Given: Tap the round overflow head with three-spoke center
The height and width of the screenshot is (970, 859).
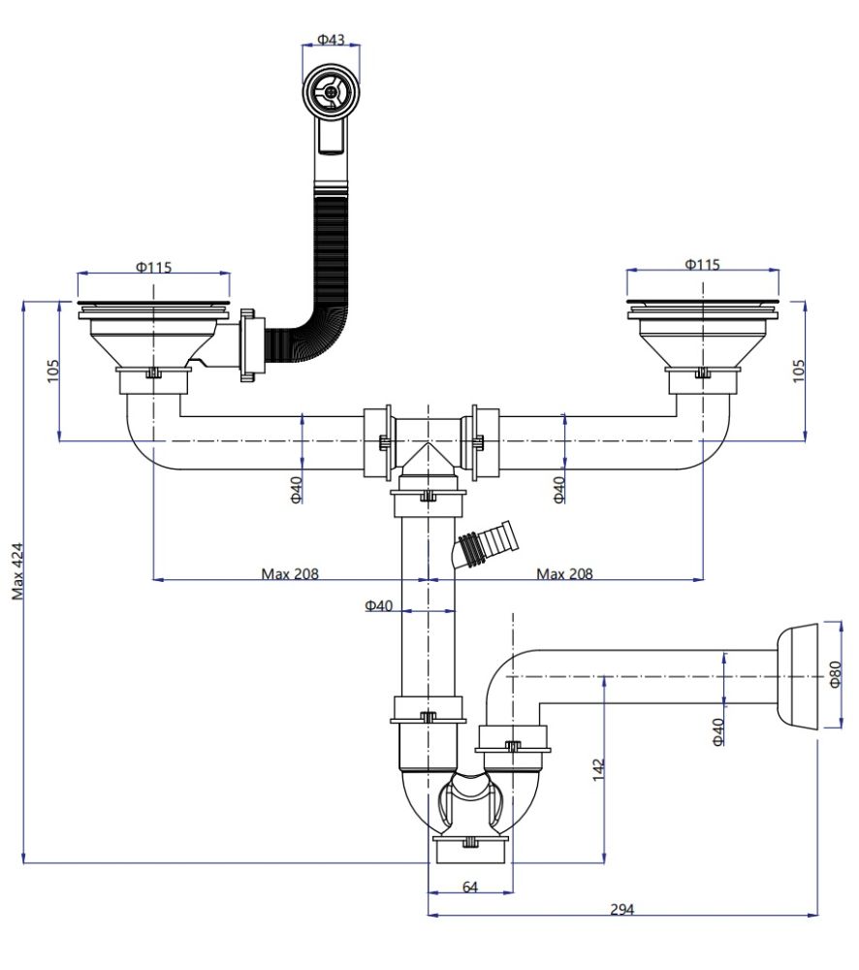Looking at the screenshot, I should pyautogui.click(x=332, y=92).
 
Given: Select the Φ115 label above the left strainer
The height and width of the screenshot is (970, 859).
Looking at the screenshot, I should pyautogui.click(x=154, y=267).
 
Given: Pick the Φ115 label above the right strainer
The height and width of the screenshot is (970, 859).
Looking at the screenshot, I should pyautogui.click(x=702, y=265).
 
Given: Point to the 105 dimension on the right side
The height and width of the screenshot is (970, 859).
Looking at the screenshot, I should pyautogui.click(x=798, y=370).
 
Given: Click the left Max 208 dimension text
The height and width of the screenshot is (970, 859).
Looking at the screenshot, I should pyautogui.click(x=289, y=573).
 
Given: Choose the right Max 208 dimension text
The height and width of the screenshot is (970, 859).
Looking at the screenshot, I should pyautogui.click(x=564, y=573).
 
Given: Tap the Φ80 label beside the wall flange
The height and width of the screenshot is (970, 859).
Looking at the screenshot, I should pyautogui.click(x=836, y=674).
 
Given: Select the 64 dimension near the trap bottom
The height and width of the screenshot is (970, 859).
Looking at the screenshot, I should pyautogui.click(x=470, y=887).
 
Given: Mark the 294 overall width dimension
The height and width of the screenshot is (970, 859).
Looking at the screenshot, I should pyautogui.click(x=621, y=909).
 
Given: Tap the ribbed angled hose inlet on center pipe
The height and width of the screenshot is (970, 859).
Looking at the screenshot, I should pyautogui.click(x=488, y=546).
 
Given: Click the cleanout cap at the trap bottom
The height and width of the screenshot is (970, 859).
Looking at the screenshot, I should pyautogui.click(x=469, y=850).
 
